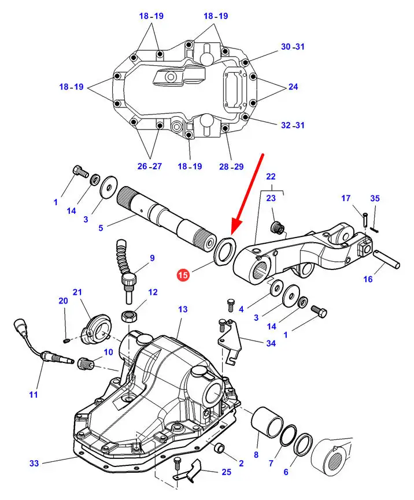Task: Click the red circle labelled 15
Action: (183, 275)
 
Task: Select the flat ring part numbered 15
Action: (225, 251)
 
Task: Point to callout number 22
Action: (271, 176)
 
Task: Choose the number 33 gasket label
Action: (34, 463)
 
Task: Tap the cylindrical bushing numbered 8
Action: (267, 421)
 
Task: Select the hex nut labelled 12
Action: (128, 316)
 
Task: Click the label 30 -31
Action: (293, 47)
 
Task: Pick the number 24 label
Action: (293, 86)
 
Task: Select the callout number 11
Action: (33, 394)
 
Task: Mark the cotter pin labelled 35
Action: (374, 229)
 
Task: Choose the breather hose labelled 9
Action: (127, 271)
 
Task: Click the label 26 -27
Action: (150, 166)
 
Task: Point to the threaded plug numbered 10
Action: (85, 364)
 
